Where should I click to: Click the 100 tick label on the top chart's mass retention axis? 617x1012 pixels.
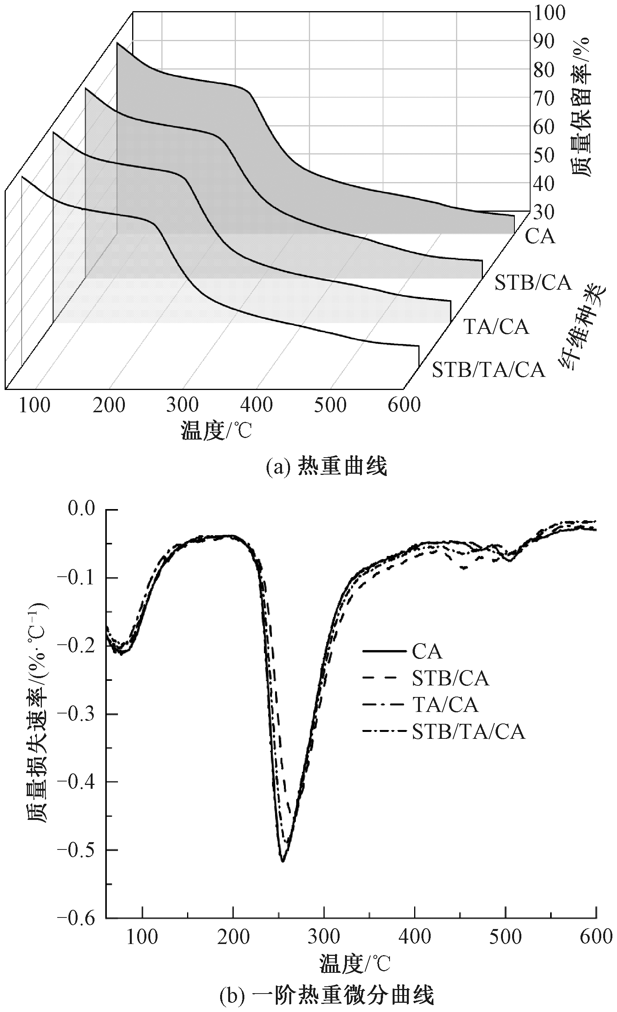click(x=550, y=13)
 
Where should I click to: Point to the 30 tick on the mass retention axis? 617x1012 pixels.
click(x=544, y=212)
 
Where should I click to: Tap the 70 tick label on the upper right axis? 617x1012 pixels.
click(x=544, y=99)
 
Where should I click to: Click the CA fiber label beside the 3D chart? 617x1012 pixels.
click(x=540, y=237)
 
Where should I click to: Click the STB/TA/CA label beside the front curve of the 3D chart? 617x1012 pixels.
click(x=488, y=370)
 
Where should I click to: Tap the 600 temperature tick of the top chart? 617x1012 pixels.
click(x=404, y=405)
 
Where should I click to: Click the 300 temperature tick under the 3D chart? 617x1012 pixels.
click(x=182, y=405)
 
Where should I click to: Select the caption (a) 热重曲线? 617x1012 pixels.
click(x=327, y=467)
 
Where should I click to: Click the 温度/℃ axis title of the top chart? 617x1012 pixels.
click(x=216, y=431)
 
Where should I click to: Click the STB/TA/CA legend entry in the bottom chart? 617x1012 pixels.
click(x=468, y=732)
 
